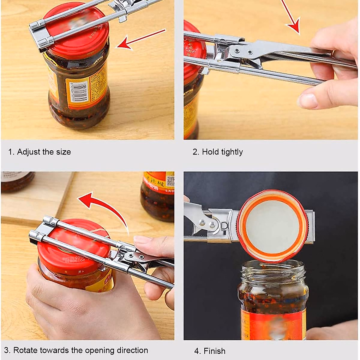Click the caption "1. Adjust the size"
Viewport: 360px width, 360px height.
tap(39, 152)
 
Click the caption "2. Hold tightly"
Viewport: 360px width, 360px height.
tap(217, 152)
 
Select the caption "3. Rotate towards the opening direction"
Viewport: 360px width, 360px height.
tap(76, 350)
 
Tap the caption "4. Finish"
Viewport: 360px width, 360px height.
tap(210, 351)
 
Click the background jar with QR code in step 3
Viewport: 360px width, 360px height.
tap(157, 195)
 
